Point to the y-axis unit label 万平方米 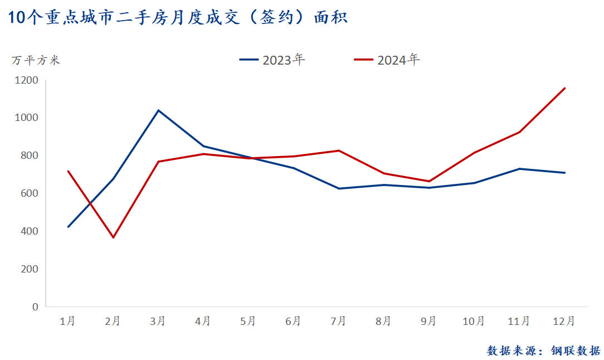tap(36, 60)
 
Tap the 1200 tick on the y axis tap(27, 80)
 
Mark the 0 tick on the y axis tap(35, 307)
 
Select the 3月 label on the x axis tap(158, 321)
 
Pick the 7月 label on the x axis tap(338, 321)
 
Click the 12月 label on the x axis tap(564, 321)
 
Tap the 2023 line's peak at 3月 tap(158, 110)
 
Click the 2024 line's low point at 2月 tap(113, 238)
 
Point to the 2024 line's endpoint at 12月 tap(564, 88)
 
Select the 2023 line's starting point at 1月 tap(68, 227)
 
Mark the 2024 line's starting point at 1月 tap(68, 171)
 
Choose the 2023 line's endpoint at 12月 tap(564, 173)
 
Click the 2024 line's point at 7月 tap(339, 150)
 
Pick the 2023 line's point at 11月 tap(519, 169)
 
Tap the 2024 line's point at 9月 tap(429, 181)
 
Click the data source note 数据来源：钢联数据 tap(543, 351)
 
